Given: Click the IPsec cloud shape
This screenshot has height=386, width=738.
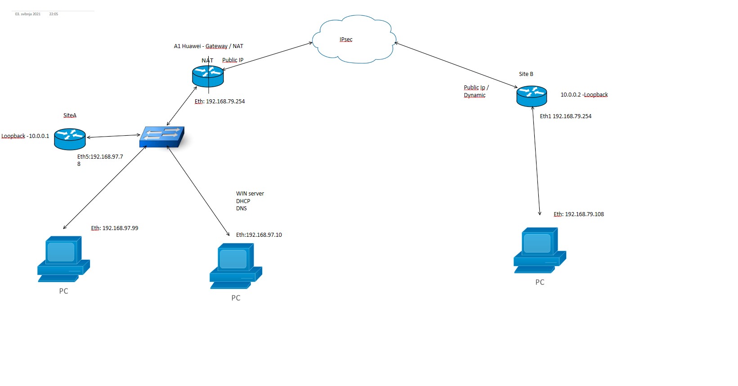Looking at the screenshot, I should [x=354, y=39].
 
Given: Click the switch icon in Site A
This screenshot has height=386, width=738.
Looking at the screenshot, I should [x=162, y=137].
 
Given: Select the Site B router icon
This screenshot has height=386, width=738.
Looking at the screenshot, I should [x=532, y=96].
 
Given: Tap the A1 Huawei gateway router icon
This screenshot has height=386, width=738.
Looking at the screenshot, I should [x=208, y=76].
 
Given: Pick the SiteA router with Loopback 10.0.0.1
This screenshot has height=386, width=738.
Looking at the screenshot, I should [x=70, y=139].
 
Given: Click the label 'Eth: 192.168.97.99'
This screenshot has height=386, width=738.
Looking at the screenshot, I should [x=115, y=228].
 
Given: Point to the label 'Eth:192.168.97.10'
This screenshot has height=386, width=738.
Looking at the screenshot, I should [x=259, y=235].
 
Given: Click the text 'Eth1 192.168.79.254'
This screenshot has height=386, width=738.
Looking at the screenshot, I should [x=566, y=116].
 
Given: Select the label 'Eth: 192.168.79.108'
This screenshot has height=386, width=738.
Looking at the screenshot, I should [x=579, y=214].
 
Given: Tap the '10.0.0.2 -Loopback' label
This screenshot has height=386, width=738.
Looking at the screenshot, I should [x=584, y=95].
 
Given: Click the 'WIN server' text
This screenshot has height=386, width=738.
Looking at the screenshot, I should [x=250, y=194].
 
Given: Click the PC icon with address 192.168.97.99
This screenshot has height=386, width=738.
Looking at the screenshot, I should [x=63, y=259].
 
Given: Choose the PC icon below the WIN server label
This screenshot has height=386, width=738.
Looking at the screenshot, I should [x=235, y=266].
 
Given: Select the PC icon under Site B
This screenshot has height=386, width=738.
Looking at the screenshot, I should [x=539, y=250].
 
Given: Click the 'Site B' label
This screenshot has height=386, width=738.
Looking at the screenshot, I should [x=526, y=74].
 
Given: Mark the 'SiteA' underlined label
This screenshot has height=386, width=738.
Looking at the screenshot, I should [x=70, y=115].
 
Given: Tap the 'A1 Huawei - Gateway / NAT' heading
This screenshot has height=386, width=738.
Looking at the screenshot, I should [x=209, y=46].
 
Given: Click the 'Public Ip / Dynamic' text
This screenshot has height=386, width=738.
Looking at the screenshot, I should [x=476, y=91].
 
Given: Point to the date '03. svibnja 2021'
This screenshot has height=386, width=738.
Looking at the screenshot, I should [x=28, y=14].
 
